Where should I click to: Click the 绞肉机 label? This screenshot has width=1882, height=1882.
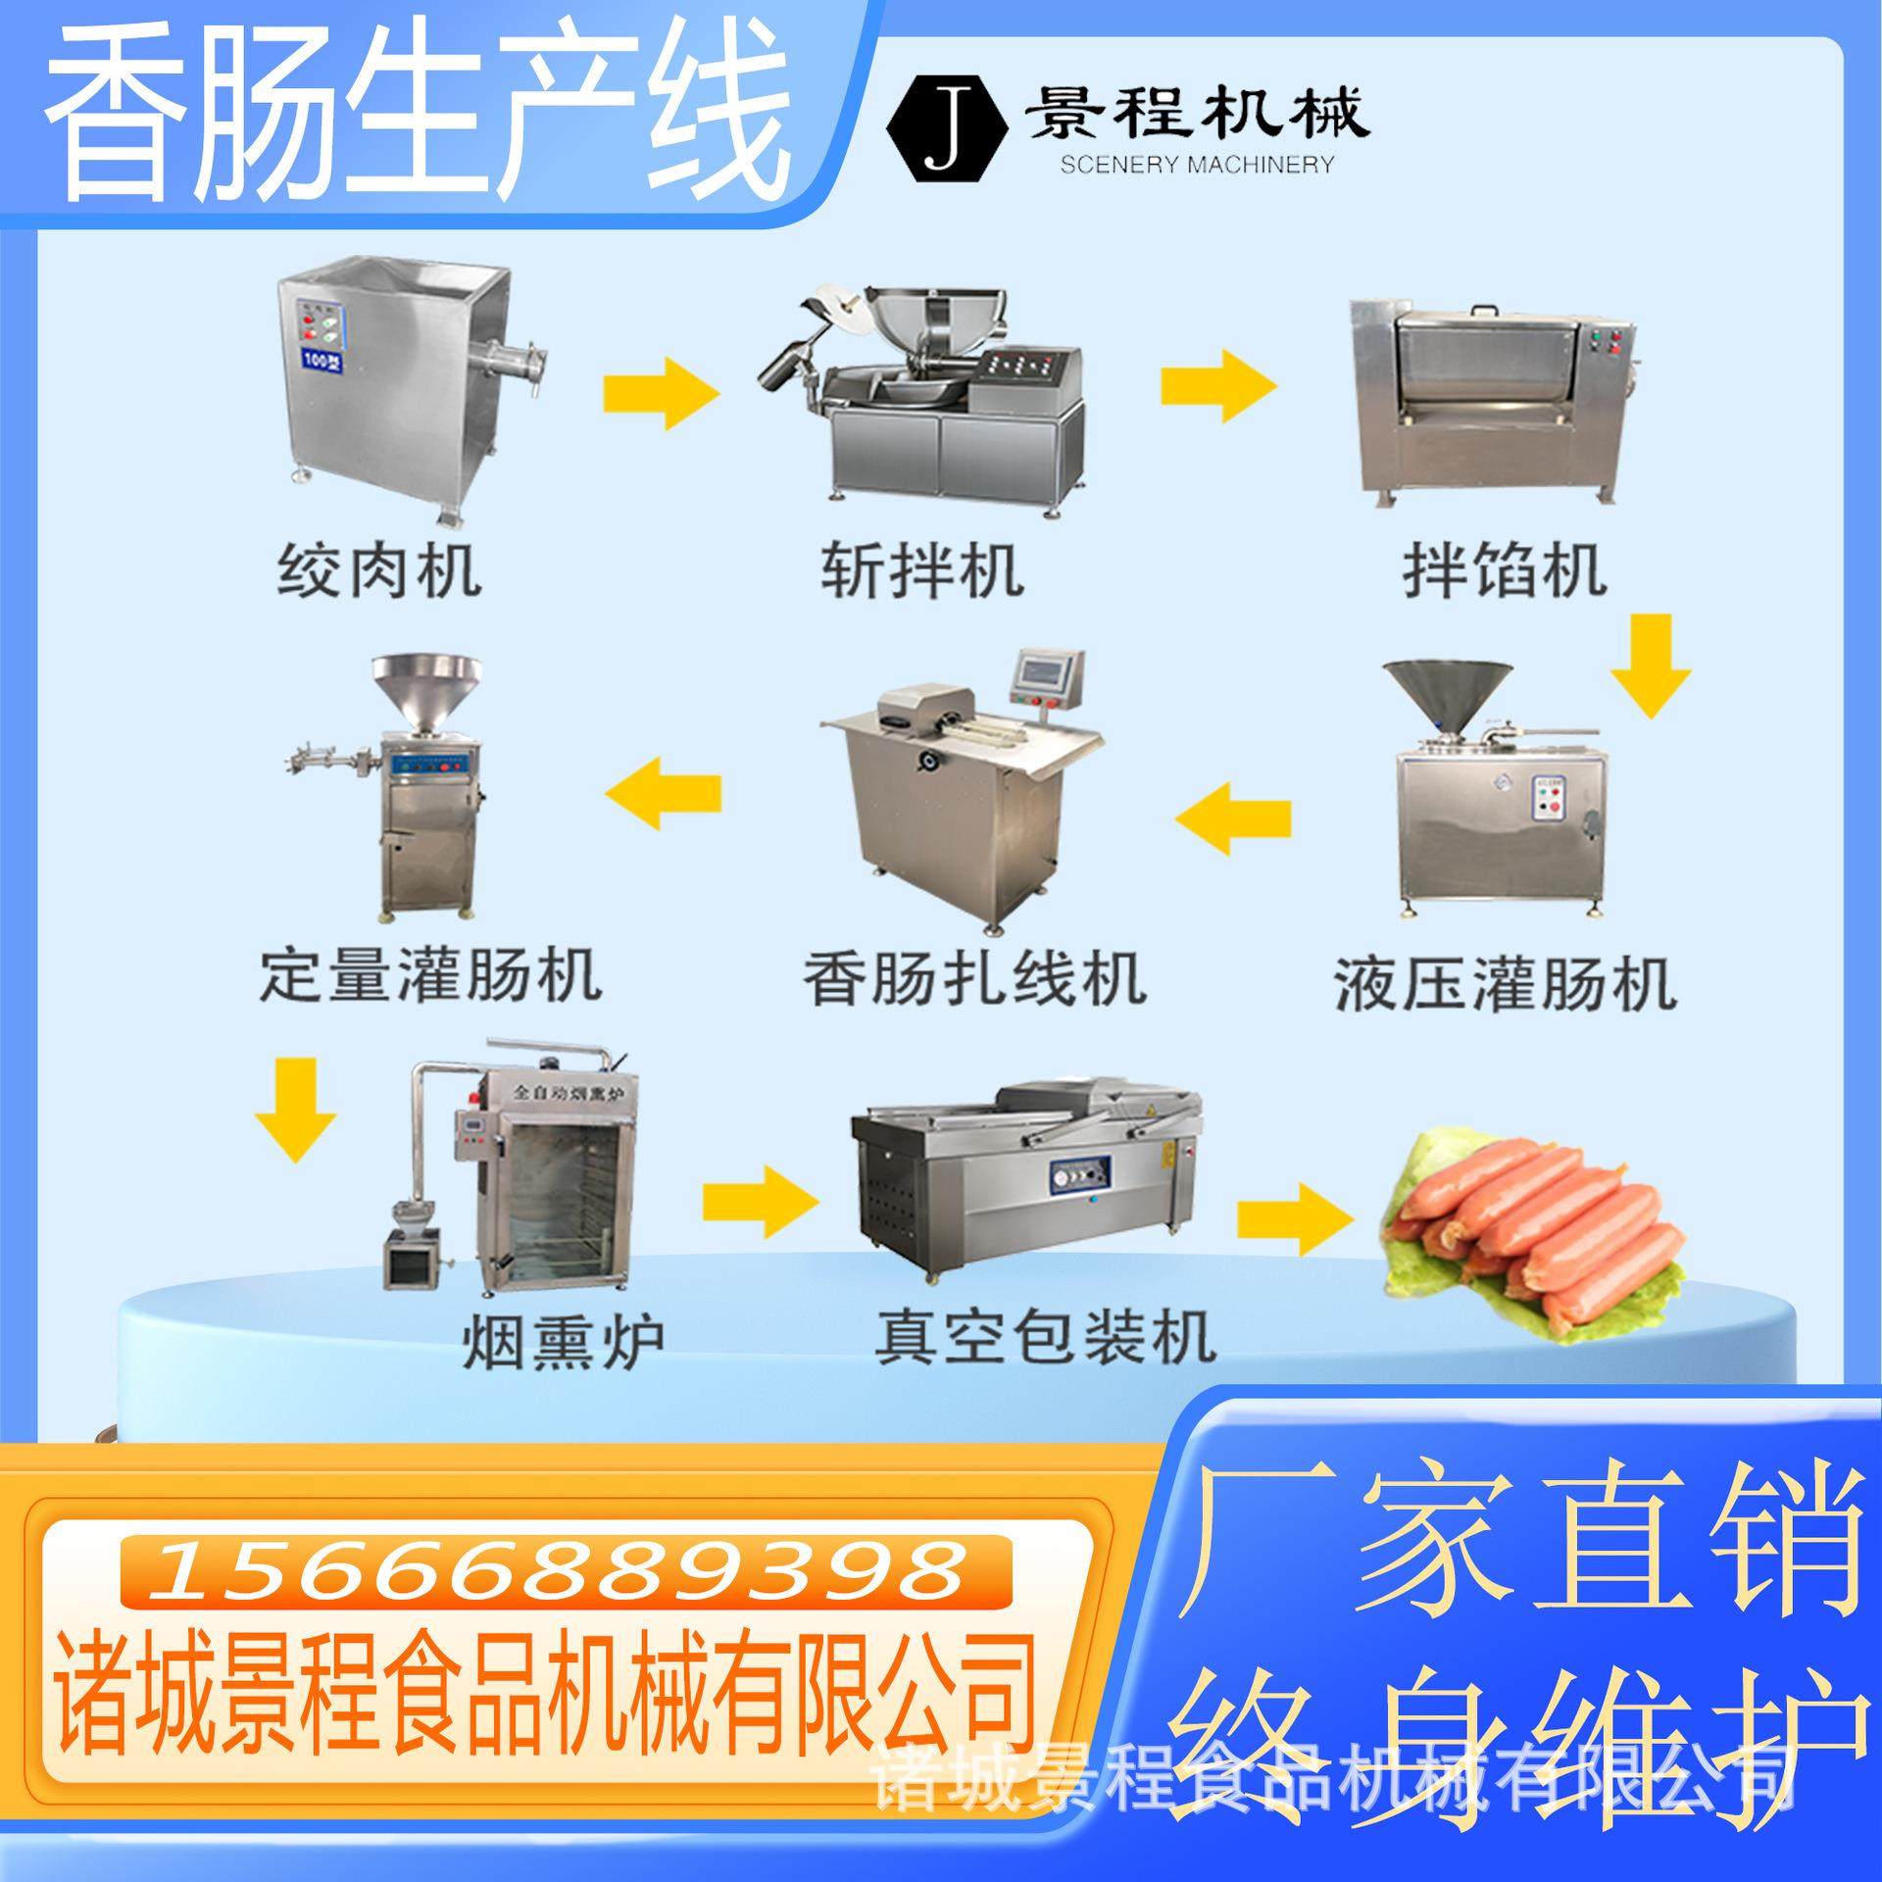coord(379,571)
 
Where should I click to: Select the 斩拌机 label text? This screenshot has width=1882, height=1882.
coord(921,571)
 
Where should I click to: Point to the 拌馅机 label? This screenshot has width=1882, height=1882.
coord(1504,571)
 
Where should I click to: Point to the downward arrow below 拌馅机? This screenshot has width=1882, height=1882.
coord(1651,667)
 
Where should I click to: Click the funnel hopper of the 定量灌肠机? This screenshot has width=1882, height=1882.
coord(426,691)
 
